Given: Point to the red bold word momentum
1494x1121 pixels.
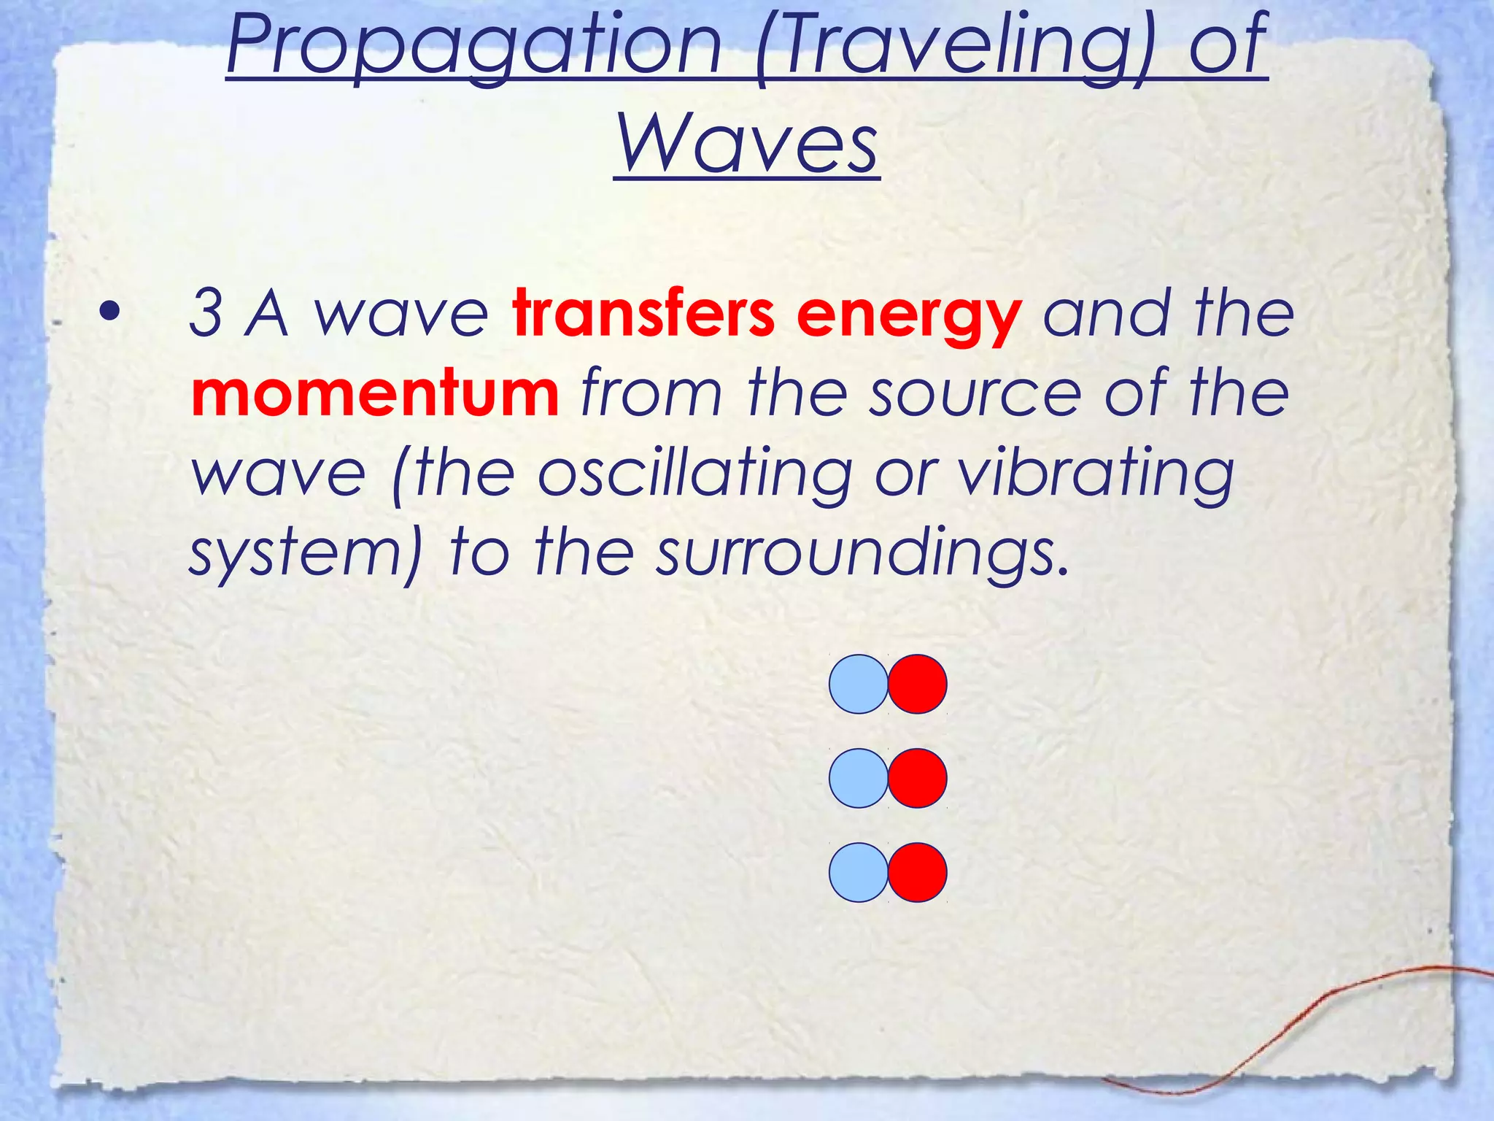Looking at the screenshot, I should coord(375,393).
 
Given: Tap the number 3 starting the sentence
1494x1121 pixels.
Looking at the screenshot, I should coord(206,314).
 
